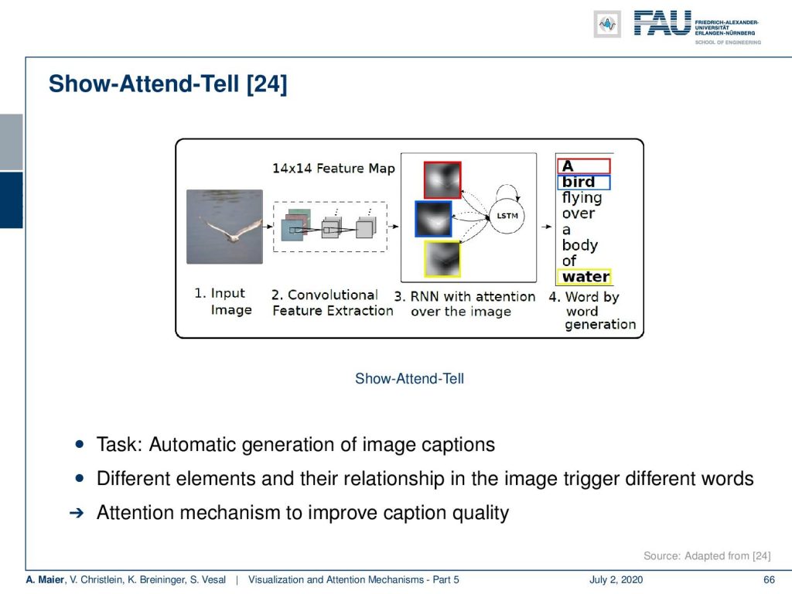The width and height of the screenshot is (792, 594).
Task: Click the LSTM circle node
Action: (x=507, y=216)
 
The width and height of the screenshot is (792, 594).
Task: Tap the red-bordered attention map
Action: (x=442, y=179)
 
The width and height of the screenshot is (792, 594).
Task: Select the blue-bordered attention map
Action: (x=433, y=219)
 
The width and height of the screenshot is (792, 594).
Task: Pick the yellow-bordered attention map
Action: (x=442, y=259)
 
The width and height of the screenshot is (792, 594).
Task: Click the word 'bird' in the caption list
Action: (x=579, y=182)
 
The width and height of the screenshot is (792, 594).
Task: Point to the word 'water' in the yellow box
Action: (x=585, y=277)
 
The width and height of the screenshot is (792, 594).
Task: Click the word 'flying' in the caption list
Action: (x=582, y=198)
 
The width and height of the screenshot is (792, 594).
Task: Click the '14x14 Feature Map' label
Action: (x=333, y=168)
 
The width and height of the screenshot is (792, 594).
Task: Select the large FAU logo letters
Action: (x=662, y=23)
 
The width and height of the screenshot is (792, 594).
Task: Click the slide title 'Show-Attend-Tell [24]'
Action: (x=168, y=84)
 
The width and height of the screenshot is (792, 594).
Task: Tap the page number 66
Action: (x=769, y=580)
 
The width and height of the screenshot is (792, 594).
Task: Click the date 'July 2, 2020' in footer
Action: (x=616, y=580)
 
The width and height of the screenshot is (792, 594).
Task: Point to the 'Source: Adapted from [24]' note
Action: (x=707, y=556)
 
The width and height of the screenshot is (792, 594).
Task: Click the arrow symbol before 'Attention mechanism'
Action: (x=77, y=514)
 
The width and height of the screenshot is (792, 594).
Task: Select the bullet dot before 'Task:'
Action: (x=80, y=445)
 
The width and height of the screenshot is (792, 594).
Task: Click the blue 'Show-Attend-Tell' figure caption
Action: (x=409, y=378)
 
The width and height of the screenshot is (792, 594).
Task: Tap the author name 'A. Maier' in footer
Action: (x=45, y=580)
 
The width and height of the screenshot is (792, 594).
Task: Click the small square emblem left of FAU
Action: (x=607, y=24)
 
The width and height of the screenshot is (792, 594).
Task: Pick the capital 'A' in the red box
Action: (x=568, y=166)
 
